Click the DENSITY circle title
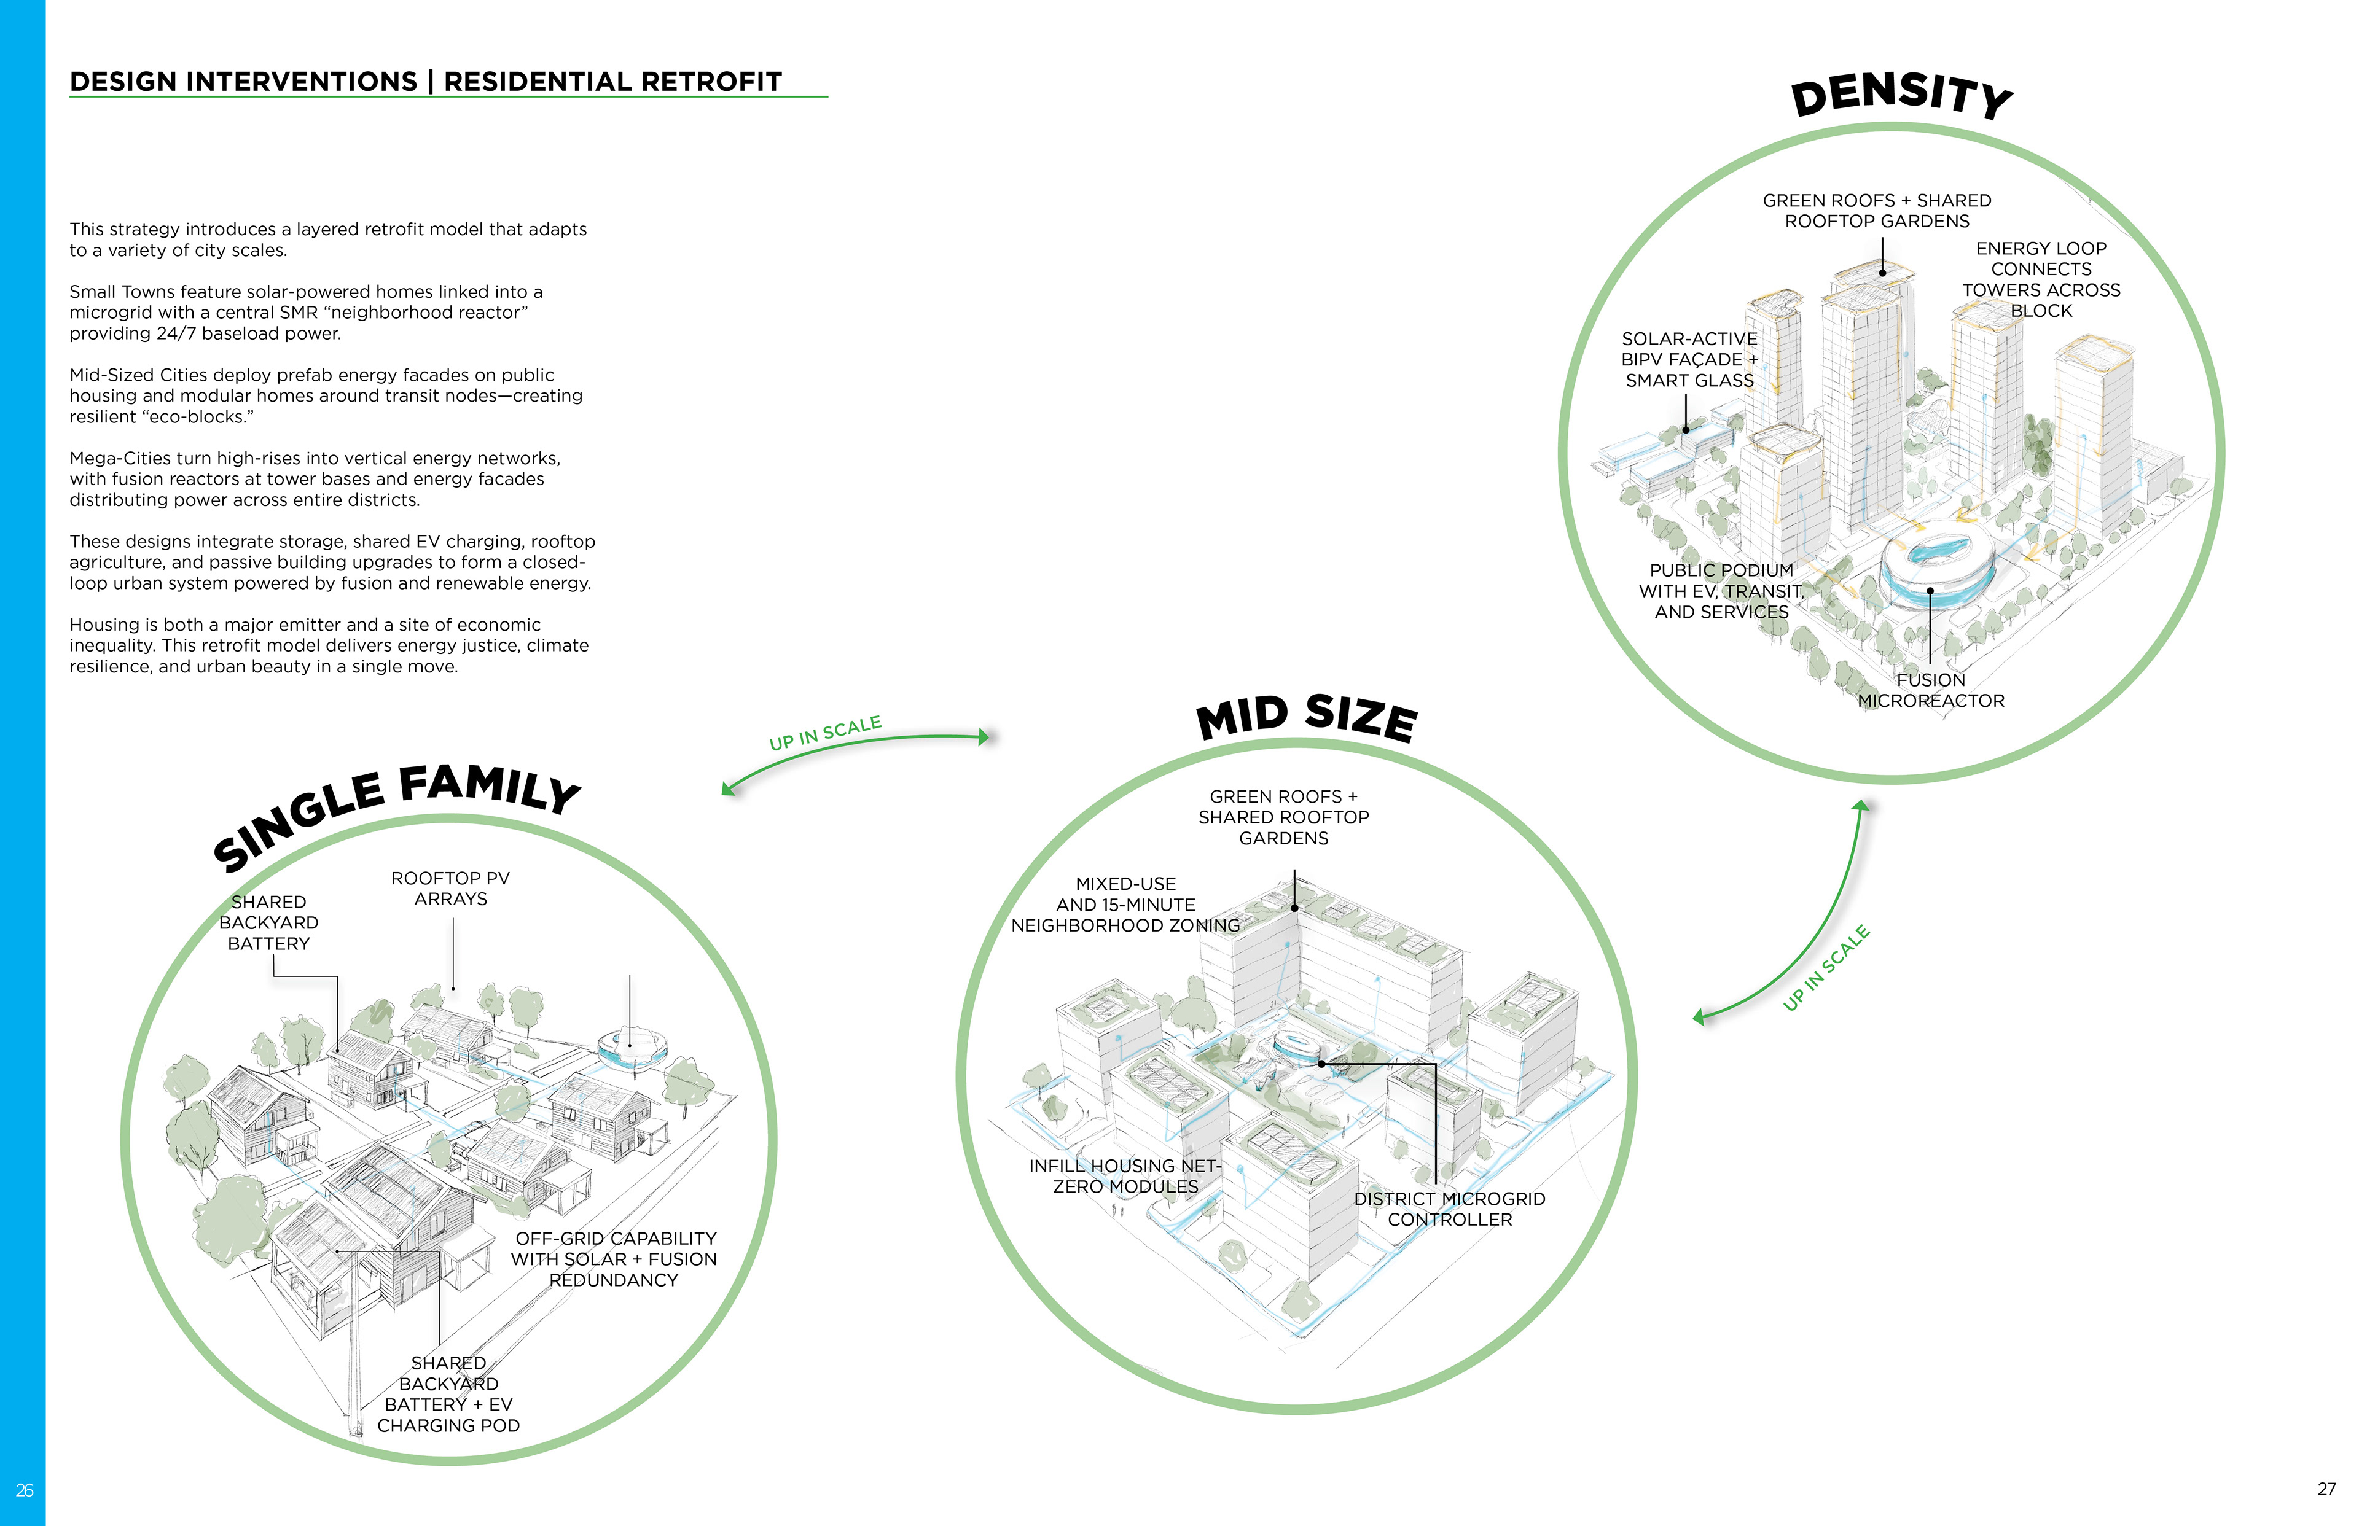[x=1901, y=96]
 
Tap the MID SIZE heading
[x=1307, y=717]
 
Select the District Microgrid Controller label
[x=1449, y=1209]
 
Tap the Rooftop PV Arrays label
[x=451, y=889]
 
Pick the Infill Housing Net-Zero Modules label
[x=1125, y=1176]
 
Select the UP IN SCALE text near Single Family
[x=824, y=733]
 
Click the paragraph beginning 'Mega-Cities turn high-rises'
[x=315, y=478]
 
